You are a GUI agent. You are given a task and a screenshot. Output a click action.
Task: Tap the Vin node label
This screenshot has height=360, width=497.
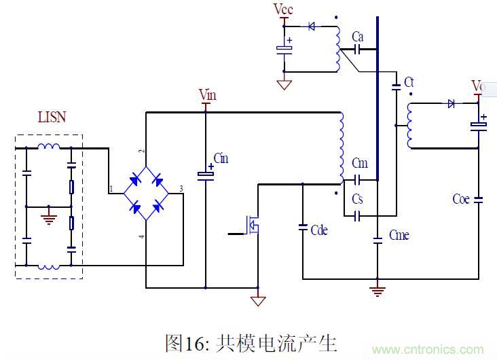208,93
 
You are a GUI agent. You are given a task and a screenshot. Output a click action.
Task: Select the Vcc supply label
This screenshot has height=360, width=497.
283,9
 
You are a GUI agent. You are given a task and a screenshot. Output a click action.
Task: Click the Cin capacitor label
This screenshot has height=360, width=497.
221,158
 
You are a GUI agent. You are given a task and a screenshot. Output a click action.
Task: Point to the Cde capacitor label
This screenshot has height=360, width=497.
319,230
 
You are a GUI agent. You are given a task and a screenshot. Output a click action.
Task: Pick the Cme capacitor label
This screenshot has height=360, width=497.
399,234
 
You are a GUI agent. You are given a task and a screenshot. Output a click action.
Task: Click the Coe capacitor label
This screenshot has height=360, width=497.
461,199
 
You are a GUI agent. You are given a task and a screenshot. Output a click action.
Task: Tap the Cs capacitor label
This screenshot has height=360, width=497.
358,199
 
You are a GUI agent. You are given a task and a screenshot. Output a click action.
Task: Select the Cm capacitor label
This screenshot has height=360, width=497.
360,164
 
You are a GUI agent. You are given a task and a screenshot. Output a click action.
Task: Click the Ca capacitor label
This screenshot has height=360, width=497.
359,35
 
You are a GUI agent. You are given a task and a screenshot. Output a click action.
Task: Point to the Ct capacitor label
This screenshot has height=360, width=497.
409,82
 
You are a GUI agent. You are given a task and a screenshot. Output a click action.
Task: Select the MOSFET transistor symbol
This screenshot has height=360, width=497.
253,227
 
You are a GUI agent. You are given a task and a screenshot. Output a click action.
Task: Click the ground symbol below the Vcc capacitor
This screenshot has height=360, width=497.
284,85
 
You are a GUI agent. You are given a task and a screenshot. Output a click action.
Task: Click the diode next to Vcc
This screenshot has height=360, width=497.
312,27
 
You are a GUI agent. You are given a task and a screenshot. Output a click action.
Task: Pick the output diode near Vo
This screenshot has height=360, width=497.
450,104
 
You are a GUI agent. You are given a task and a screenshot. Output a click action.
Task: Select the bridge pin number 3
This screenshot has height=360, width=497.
181,188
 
